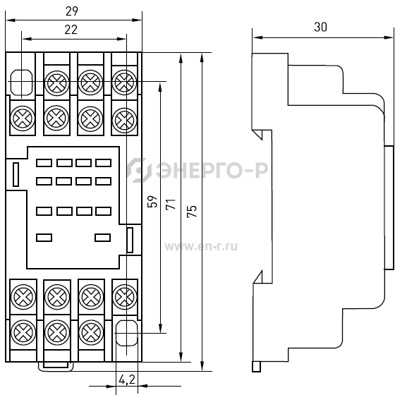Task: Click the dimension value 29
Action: coord(72,11)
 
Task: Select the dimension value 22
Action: coord(71,30)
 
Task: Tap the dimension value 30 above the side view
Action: coord(321,27)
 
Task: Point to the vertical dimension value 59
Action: coord(152,201)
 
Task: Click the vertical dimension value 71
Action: coord(171,204)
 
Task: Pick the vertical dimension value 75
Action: coord(192,211)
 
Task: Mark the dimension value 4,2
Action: coord(127,379)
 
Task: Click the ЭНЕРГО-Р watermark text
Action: coord(212,170)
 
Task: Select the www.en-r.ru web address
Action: coord(201,247)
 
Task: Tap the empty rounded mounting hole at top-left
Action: coord(22,82)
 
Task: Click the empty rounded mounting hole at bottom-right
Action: coord(127,333)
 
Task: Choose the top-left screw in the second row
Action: coord(23,119)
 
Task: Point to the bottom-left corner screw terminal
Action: coord(23,332)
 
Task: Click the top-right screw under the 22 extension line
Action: coord(124,83)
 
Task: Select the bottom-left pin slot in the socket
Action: coord(44,238)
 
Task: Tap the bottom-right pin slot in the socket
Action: coord(102,238)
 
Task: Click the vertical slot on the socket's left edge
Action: coord(16,174)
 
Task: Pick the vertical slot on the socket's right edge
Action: coord(130,240)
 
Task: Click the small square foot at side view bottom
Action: coord(257,367)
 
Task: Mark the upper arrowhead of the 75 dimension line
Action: coord(202,57)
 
